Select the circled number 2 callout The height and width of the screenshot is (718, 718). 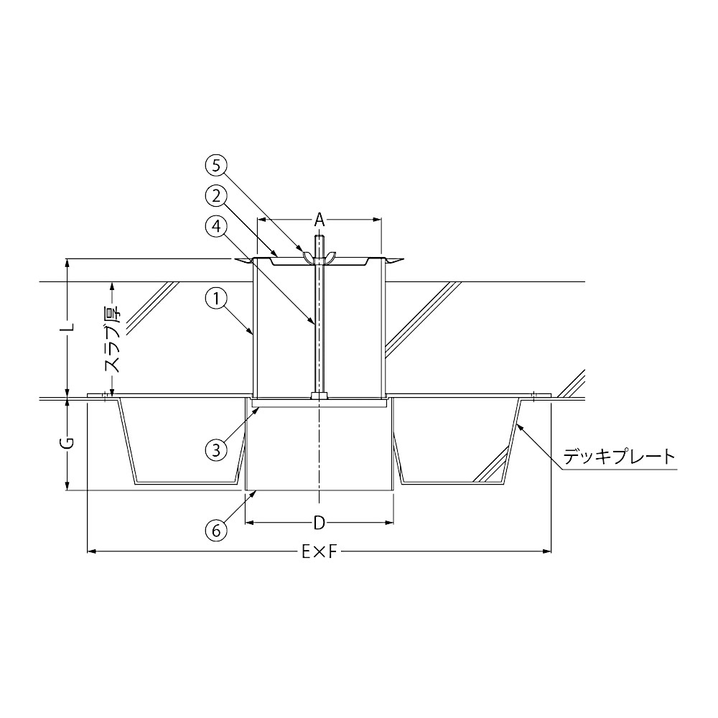216,197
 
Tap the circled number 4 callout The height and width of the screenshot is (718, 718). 216,227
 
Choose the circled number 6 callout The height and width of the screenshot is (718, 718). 216,531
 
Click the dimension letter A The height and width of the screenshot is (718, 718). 320,220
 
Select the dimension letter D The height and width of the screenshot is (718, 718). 320,522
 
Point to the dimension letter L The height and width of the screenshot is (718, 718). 68,327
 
